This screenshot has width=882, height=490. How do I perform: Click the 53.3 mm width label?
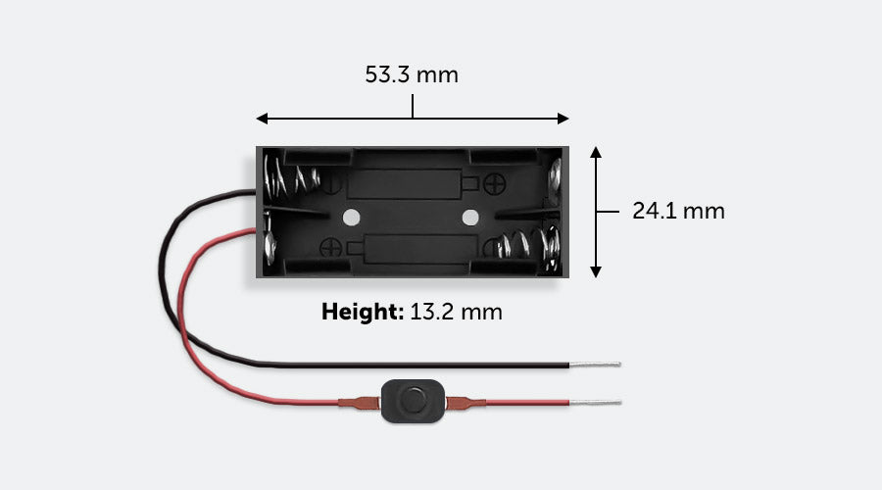[412, 75]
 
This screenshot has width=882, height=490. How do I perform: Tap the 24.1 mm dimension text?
[678, 211]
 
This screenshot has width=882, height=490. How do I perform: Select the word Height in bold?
[362, 313]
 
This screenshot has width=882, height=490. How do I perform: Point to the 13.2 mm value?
[457, 313]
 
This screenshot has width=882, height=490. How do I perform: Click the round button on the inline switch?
[411, 400]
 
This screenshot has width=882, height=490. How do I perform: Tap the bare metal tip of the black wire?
[595, 366]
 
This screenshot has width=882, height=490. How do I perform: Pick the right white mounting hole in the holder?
[470, 216]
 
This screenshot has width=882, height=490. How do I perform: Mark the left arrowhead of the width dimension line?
[262, 119]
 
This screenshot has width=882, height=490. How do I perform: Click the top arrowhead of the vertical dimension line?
[596, 152]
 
